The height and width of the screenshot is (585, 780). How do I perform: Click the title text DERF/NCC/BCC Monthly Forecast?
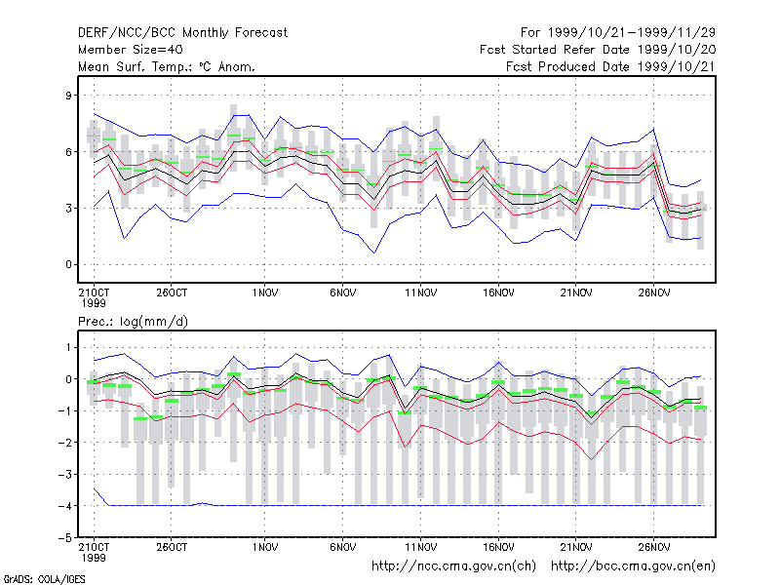182,33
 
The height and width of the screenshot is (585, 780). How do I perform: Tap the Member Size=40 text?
131,50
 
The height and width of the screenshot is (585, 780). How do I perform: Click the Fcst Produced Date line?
611,66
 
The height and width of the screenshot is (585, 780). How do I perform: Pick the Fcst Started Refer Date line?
598,50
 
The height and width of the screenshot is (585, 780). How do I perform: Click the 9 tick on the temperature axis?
68,95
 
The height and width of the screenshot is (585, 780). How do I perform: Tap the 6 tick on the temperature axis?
68,152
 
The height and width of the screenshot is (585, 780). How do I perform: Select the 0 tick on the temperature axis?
68,264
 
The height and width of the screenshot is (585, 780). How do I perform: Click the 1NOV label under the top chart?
264,293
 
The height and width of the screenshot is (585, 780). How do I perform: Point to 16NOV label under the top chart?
498,293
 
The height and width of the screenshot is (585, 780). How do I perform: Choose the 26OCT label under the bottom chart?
172,547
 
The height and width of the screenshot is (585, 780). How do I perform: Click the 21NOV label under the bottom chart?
576,547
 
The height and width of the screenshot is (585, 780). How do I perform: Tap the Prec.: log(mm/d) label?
133,322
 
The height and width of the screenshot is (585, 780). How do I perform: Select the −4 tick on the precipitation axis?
65,506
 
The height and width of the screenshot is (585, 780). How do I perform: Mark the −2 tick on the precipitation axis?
65,443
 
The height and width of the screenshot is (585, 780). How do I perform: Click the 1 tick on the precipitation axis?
68,347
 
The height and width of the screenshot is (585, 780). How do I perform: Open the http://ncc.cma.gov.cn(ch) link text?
453,566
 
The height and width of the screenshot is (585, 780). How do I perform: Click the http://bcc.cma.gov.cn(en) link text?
633,566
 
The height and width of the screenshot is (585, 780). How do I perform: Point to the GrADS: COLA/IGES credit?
44,579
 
